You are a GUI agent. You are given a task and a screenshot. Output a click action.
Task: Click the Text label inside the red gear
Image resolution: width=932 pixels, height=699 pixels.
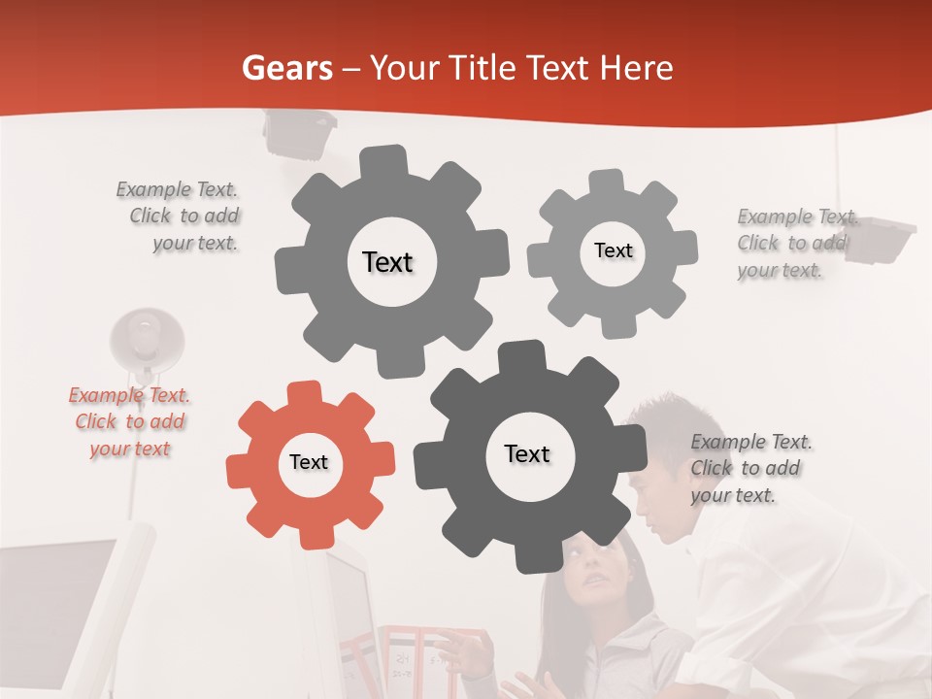tap(309, 462)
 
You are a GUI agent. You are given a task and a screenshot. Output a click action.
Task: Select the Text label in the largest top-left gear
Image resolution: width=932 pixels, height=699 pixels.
tap(387, 262)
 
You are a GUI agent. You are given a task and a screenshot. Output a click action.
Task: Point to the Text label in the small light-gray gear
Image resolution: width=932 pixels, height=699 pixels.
tap(613, 250)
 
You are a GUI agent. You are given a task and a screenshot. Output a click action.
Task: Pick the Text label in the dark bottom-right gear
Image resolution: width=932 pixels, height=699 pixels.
tap(527, 453)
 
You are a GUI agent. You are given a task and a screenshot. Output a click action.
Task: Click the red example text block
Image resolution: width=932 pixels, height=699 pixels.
tap(129, 422)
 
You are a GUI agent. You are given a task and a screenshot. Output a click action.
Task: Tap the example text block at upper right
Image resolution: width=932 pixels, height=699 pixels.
tap(794, 243)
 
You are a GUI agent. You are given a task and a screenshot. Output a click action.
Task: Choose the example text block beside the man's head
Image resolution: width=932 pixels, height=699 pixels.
tap(749, 468)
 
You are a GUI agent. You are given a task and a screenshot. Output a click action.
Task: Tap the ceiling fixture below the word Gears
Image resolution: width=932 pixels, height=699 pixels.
tap(299, 133)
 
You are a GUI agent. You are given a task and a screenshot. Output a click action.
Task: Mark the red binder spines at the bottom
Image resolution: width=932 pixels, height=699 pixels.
tap(427, 660)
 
